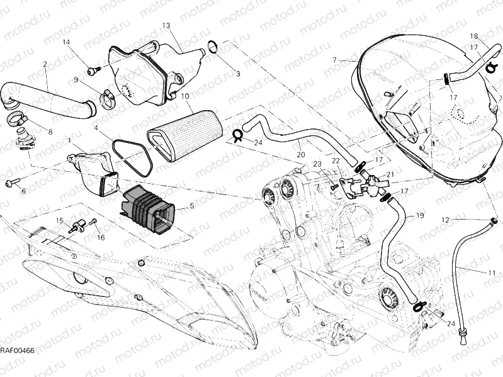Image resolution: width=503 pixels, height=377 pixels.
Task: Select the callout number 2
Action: pyautogui.click(x=45, y=64)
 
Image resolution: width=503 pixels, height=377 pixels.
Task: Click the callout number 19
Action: pyautogui.click(x=419, y=216)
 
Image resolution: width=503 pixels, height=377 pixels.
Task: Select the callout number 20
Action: pyautogui.click(x=301, y=154)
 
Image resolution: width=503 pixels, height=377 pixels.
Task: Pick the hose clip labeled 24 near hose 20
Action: pyautogui.click(x=239, y=134)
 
